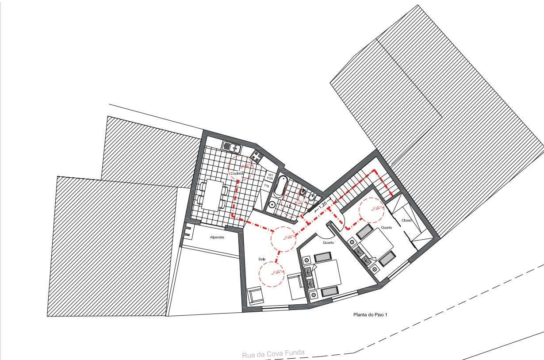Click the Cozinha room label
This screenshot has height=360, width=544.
click(237, 174)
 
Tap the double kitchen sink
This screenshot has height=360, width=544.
click(231, 147)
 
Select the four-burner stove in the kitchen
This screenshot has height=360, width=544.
click(257, 155)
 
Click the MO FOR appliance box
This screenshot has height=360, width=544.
click(270, 176)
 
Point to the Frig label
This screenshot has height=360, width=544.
click(267, 186)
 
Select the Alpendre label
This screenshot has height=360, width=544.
click(217, 237)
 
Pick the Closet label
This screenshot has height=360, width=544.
click(406, 220)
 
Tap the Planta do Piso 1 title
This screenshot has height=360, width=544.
click(370, 315)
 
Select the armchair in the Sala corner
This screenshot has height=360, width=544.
click(255, 296)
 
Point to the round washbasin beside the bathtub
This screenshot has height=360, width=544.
click(272, 204)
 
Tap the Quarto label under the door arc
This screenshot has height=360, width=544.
click(328, 243)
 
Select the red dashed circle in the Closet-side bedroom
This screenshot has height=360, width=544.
click(371, 210)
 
